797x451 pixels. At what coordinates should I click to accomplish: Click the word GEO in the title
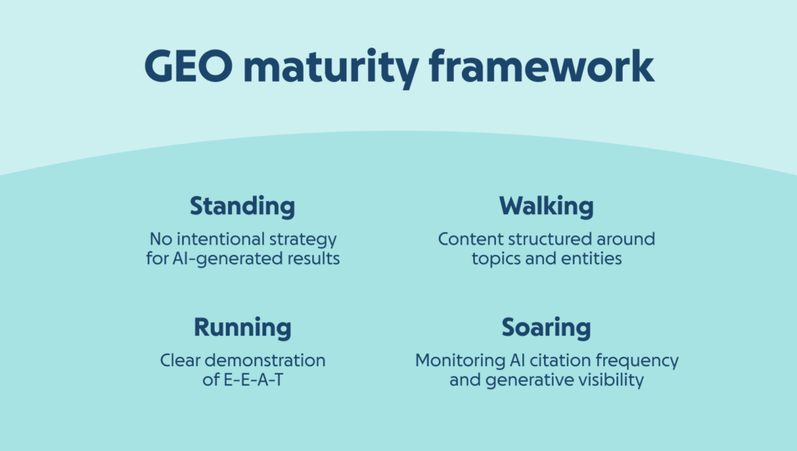[188, 66]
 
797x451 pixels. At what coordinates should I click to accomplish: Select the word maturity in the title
[331, 69]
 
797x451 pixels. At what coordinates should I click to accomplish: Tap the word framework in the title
[542, 65]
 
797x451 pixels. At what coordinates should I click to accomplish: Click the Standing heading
[243, 206]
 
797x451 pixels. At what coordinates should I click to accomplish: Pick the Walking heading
[546, 206]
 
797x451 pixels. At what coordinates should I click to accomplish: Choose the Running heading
[243, 327]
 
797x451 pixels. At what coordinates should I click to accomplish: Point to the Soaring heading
[546, 327]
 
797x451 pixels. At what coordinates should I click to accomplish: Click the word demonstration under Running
[265, 361]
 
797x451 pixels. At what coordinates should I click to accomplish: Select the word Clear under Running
[180, 361]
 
